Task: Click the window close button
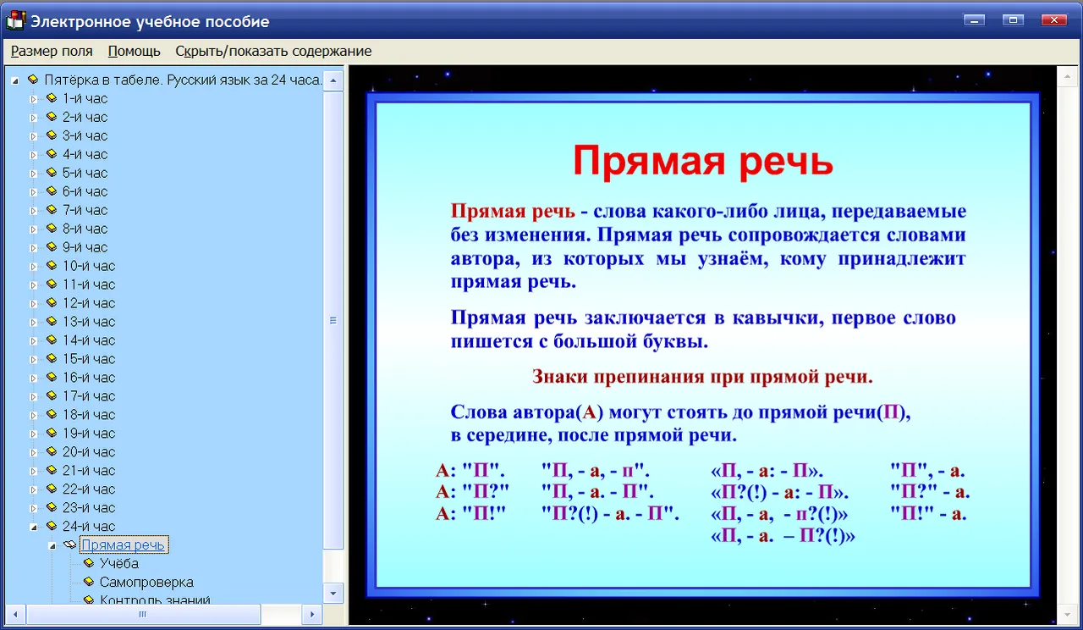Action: click(x=1054, y=19)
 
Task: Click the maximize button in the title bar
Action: click(x=1013, y=19)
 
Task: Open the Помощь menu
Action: click(x=134, y=51)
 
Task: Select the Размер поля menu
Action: click(x=52, y=51)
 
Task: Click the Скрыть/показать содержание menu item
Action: click(x=273, y=51)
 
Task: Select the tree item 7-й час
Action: click(x=85, y=210)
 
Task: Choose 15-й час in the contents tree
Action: click(x=89, y=358)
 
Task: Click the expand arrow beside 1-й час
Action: click(x=33, y=99)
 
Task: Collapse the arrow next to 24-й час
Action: click(x=33, y=527)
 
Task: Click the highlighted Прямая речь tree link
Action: click(x=123, y=544)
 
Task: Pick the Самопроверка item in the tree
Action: click(x=146, y=582)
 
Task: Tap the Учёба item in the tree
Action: click(x=119, y=563)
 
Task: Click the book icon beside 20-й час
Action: click(x=52, y=451)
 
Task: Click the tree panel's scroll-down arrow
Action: click(x=333, y=594)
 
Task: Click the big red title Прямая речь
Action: click(x=703, y=161)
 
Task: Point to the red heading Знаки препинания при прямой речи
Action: click(x=702, y=377)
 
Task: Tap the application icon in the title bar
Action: click(x=15, y=21)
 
